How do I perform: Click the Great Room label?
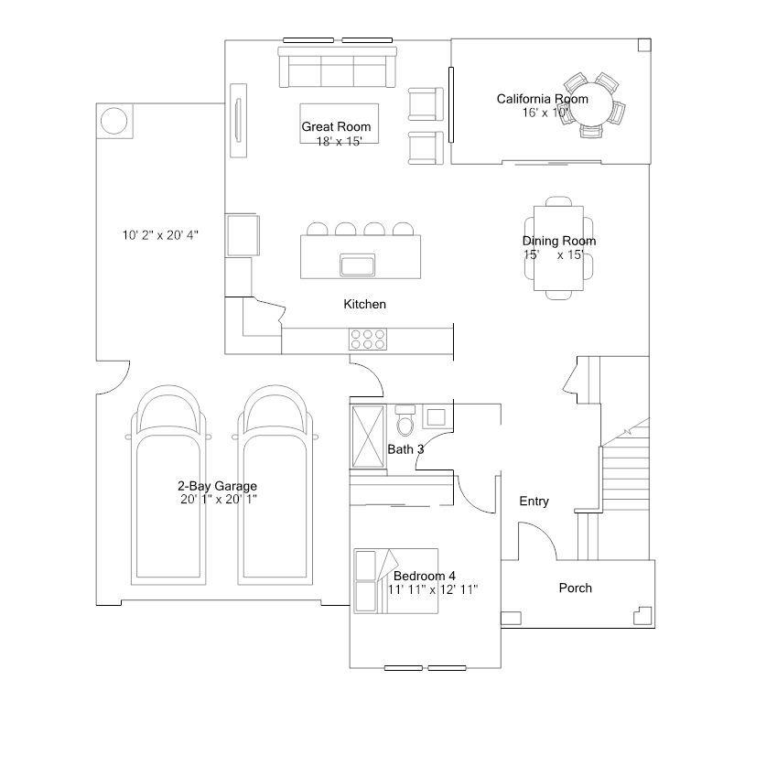(336, 127)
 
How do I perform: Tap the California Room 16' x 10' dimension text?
(545, 113)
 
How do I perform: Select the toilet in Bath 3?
(405, 420)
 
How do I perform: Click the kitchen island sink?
(357, 264)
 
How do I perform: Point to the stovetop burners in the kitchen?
(368, 340)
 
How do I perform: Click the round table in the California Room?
(593, 104)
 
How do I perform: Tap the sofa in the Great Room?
(337, 67)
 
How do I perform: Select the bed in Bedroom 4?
(395, 581)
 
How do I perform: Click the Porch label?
(576, 588)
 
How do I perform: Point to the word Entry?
(534, 502)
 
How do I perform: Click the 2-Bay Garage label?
(217, 486)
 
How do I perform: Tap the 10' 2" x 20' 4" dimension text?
(160, 235)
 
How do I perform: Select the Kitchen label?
(365, 304)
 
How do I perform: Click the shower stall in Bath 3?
(368, 436)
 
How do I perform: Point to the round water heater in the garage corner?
(114, 121)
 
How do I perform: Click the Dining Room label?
(559, 241)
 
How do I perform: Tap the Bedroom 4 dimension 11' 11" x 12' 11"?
(433, 589)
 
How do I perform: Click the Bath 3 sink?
(436, 416)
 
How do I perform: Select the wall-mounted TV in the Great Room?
(238, 121)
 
